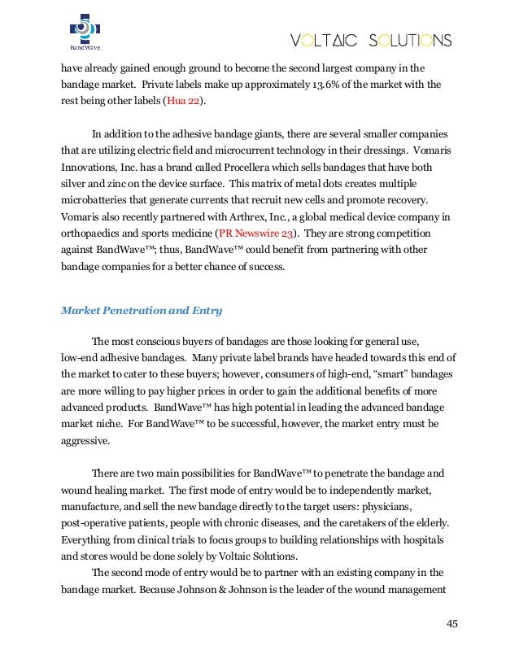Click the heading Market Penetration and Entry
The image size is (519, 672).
142,310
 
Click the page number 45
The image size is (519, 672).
451,624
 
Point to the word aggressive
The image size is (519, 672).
89,439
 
